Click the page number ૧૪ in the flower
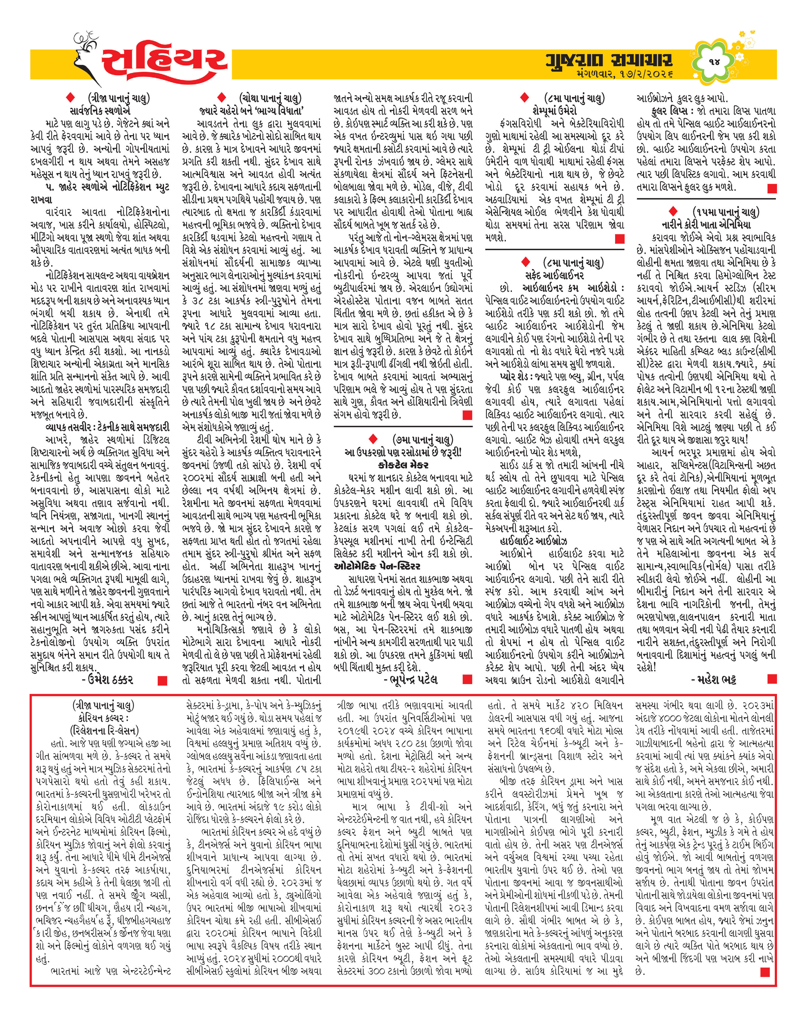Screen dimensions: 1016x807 [714, 61]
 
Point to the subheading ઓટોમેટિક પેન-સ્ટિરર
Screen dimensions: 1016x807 [377, 566]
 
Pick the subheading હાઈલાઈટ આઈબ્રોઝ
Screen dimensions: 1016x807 [533, 541]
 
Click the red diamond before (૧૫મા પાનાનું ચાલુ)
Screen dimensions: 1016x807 [673, 211]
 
